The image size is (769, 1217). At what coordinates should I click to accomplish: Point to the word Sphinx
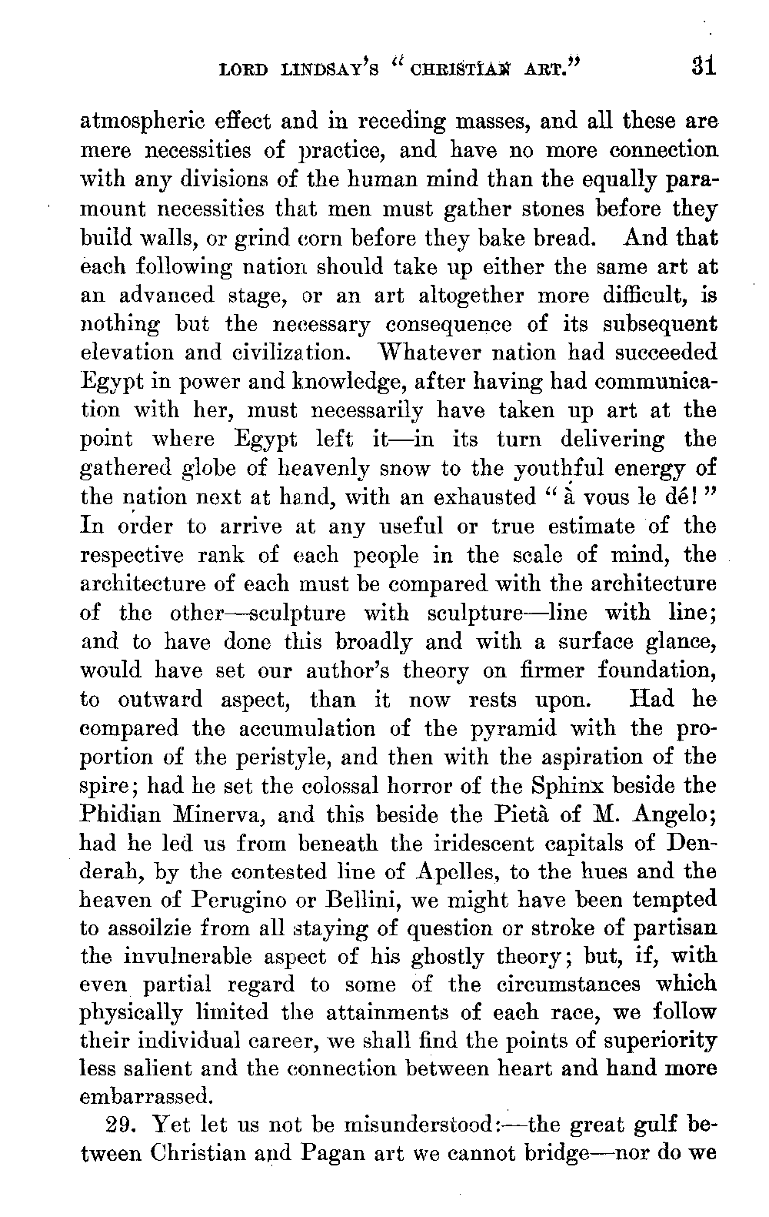point(568,787)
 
